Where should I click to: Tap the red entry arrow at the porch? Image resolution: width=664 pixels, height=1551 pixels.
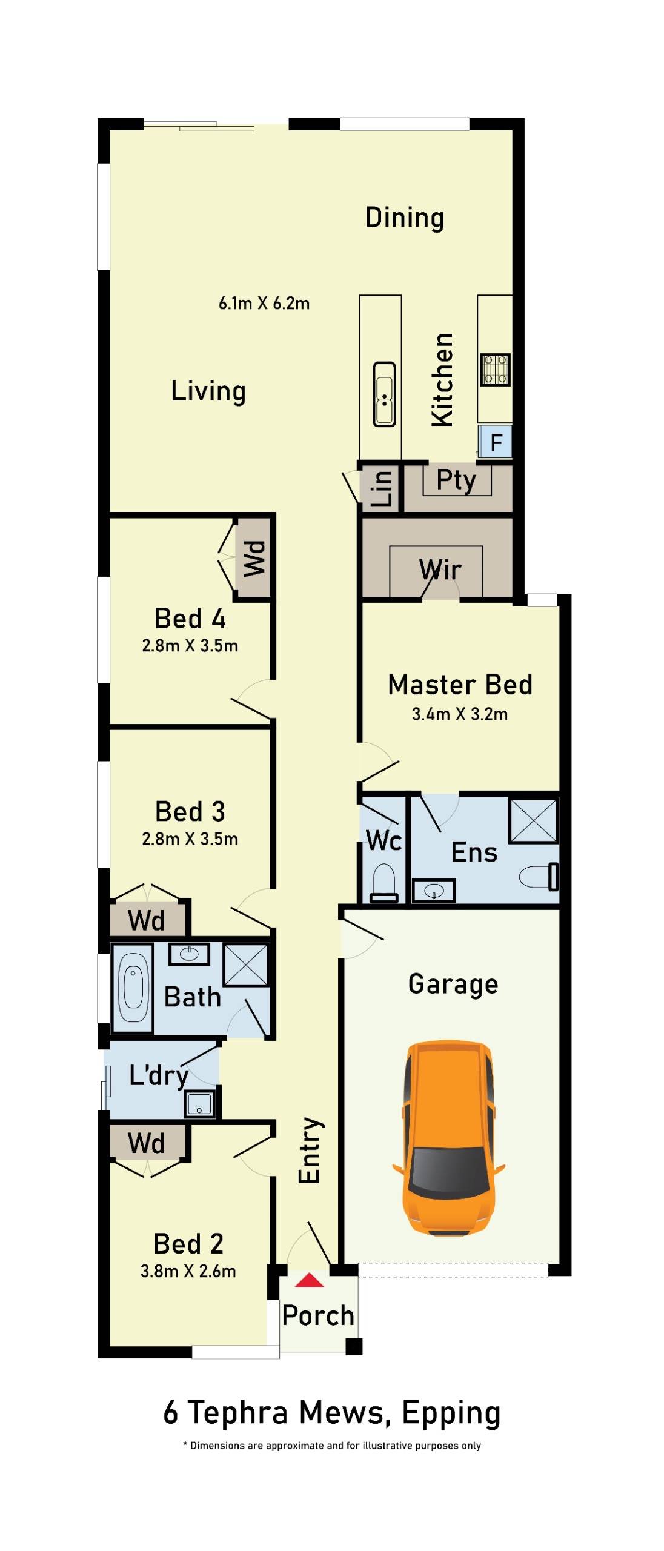[310, 1280]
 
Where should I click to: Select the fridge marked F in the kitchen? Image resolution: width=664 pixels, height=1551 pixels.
[496, 442]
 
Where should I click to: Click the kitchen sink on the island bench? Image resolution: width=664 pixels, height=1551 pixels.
[384, 394]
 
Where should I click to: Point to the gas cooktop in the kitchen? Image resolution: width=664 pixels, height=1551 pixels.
[494, 370]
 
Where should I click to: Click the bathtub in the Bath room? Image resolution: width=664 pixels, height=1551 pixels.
[133, 987]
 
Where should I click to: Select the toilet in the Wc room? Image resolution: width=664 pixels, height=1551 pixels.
[383, 883]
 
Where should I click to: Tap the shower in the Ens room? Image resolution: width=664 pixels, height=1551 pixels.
[533, 821]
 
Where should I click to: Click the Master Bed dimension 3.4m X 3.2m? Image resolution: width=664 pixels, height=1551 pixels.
[459, 714]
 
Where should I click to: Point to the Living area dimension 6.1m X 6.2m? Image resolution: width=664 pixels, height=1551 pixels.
[264, 303]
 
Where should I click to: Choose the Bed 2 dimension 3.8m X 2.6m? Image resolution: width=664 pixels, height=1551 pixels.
[188, 1271]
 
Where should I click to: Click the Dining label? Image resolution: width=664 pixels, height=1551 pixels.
[405, 218]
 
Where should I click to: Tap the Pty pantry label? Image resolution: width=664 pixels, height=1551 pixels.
[456, 480]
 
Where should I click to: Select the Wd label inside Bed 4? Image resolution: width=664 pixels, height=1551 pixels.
[254, 557]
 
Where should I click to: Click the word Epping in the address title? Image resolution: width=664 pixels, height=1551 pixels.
[451, 1413]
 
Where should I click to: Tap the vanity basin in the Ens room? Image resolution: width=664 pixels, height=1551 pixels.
[433, 891]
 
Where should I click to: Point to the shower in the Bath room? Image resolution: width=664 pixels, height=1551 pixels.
[246, 965]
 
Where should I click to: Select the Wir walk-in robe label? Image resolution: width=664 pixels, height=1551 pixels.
[440, 570]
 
